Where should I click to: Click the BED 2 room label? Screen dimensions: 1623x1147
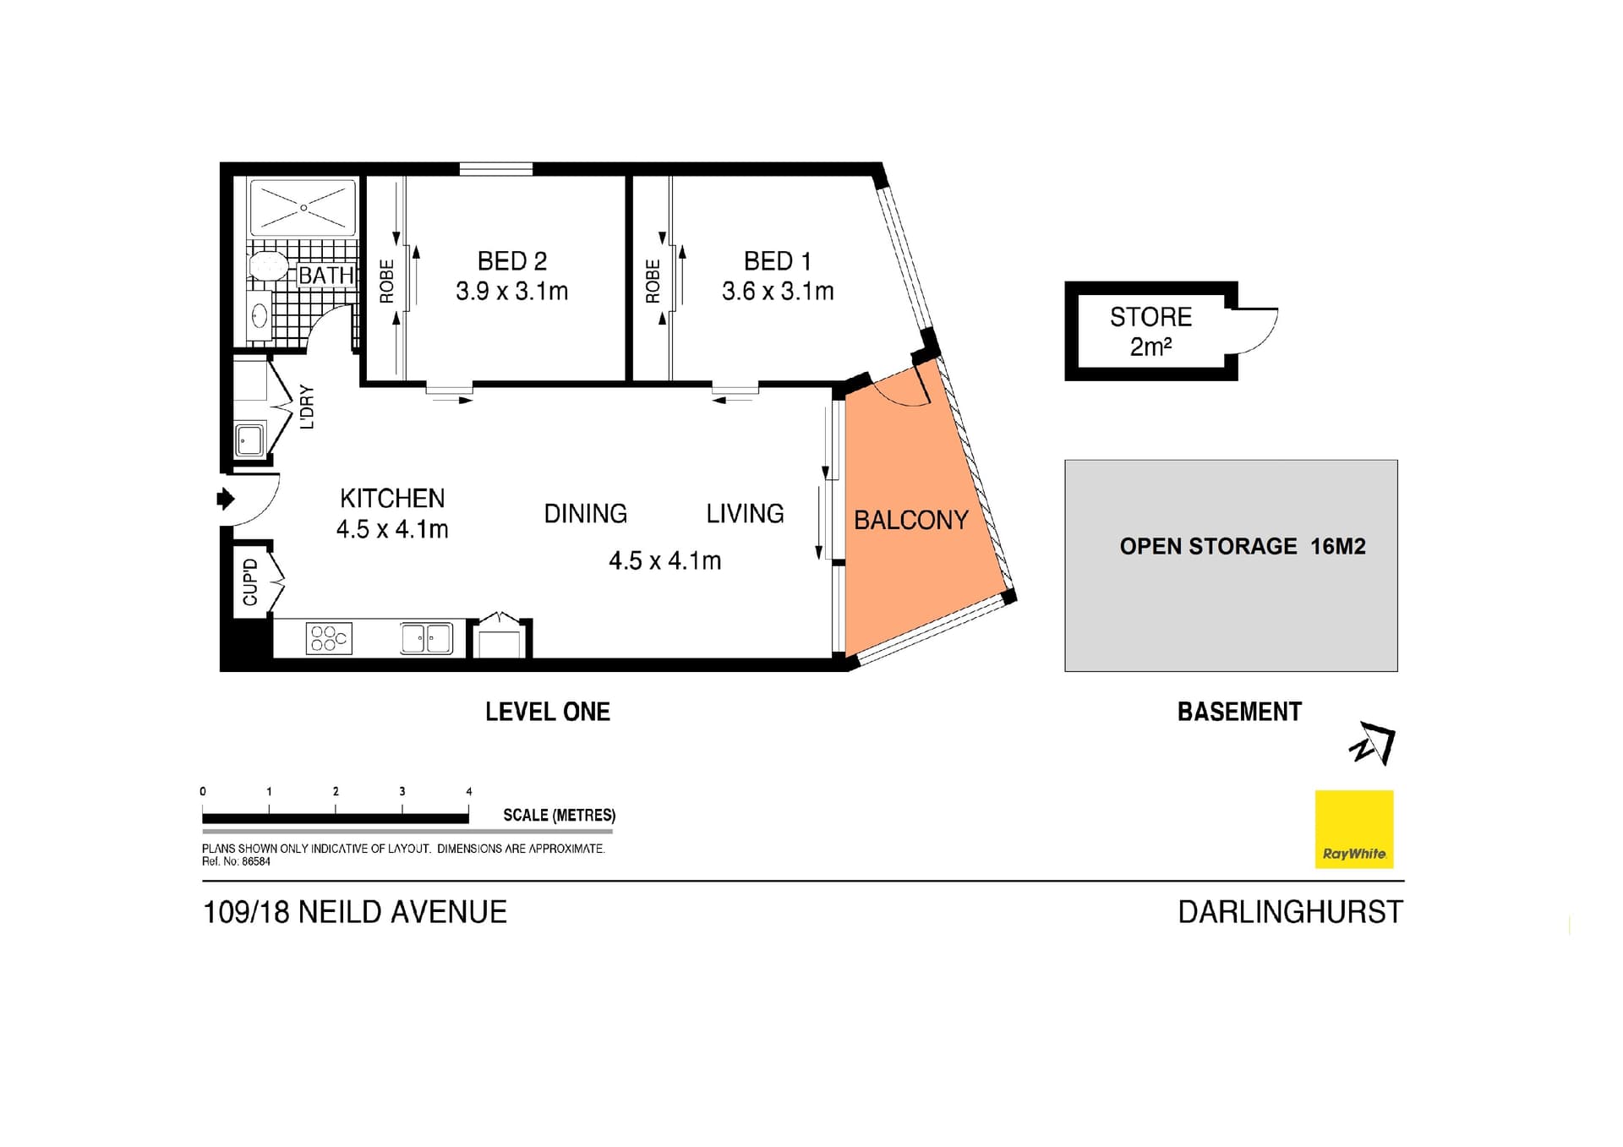512,261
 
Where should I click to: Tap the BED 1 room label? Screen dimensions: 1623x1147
778,261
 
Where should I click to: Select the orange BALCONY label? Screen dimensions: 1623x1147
911,520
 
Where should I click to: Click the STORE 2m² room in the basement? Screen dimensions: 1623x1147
1151,331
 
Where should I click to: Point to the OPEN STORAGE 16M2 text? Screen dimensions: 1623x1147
1243,547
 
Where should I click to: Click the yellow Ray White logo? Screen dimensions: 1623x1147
1354,829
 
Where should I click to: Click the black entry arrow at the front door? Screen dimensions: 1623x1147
226,499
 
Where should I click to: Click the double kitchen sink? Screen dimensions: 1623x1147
427,638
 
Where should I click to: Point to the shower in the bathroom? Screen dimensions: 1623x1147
303,207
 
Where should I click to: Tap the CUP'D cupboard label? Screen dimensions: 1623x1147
250,582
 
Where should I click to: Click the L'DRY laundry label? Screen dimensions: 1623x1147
307,407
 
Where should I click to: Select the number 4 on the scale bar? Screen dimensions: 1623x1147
469,791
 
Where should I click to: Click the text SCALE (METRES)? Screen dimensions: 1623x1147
560,815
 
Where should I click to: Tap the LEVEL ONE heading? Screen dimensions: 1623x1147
548,712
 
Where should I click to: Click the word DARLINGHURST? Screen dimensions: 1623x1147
1291,912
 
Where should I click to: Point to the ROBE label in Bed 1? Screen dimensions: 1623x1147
653,281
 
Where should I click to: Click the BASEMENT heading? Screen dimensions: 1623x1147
1239,712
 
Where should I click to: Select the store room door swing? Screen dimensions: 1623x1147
1257,330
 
